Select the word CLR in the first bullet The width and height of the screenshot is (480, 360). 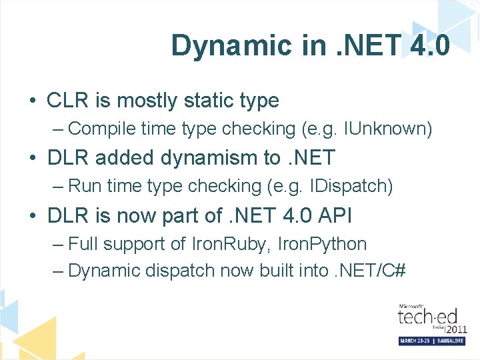point(67,101)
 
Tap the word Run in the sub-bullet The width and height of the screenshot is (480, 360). point(83,186)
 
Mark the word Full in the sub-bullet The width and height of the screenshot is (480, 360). point(83,243)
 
